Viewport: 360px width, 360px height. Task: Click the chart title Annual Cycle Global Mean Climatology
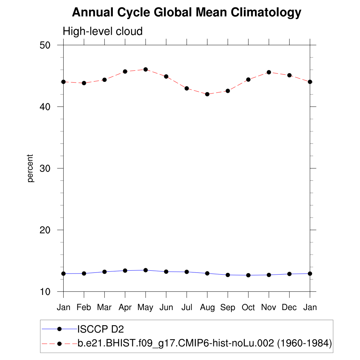[186, 13]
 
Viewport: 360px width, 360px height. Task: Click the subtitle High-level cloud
[103, 31]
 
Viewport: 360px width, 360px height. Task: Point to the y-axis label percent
[31, 168]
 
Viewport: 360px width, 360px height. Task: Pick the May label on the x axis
[145, 308]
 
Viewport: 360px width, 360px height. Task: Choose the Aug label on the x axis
[207, 308]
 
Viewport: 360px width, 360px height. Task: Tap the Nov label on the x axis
[269, 308]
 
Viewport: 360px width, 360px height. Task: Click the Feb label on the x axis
[84, 308]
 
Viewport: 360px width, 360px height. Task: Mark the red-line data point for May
[146, 69]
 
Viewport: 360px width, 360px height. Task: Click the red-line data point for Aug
[207, 94]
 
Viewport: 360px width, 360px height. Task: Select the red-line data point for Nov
[269, 72]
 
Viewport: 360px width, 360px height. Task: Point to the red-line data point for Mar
[104, 80]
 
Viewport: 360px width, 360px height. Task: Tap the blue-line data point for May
[146, 270]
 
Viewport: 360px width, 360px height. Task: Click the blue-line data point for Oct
[248, 275]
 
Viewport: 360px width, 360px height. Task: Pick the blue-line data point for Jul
[187, 272]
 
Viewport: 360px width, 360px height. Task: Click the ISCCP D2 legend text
[101, 329]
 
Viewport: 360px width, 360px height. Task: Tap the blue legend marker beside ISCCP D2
[59, 329]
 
